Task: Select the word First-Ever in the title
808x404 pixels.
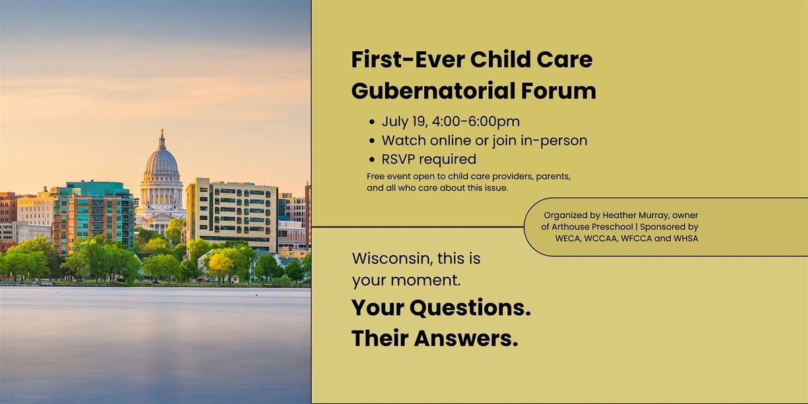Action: coord(407,59)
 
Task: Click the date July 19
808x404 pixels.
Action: coord(405,122)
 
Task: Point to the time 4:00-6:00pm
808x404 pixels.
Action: coord(476,121)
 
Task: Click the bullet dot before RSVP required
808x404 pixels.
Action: coord(372,160)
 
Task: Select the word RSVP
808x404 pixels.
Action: coord(398,159)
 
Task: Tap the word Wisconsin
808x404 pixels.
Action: coord(393,259)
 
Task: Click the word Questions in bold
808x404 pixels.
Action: coord(470,308)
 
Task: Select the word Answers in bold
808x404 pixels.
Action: coord(466,339)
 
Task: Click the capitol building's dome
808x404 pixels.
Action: coord(161,162)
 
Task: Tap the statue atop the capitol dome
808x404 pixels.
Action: coord(162,133)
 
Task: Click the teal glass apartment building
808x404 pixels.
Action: coord(94,216)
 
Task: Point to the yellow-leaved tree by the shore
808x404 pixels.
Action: coord(220,266)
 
